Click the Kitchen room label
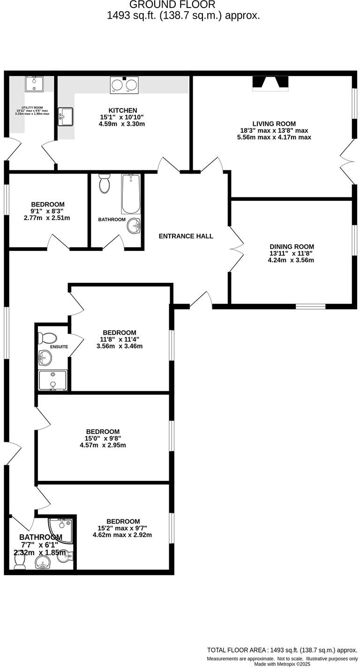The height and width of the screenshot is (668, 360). pyautogui.click(x=122, y=110)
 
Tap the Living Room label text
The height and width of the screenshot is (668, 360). pyautogui.click(x=274, y=124)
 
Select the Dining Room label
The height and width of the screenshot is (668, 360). pyautogui.click(x=292, y=246)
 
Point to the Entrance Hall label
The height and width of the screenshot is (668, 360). pyautogui.click(x=186, y=236)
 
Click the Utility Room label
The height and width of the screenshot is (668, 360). pyautogui.click(x=32, y=108)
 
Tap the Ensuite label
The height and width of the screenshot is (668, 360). pyautogui.click(x=60, y=347)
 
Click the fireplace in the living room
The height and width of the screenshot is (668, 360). pyautogui.click(x=270, y=83)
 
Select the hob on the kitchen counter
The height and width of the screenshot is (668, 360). pyautogui.click(x=124, y=84)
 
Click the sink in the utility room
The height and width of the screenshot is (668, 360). pyautogui.click(x=34, y=84)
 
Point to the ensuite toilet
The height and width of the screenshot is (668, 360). pyautogui.click(x=47, y=338)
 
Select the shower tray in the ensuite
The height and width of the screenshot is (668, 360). pyautogui.click(x=52, y=380)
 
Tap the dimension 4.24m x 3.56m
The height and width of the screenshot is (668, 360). pyautogui.click(x=291, y=260)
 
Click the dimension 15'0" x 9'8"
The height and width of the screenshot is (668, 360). pyautogui.click(x=103, y=438)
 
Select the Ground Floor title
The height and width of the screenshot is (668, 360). pyautogui.click(x=172, y=5)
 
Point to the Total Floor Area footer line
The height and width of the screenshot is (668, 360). pyautogui.click(x=282, y=650)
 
